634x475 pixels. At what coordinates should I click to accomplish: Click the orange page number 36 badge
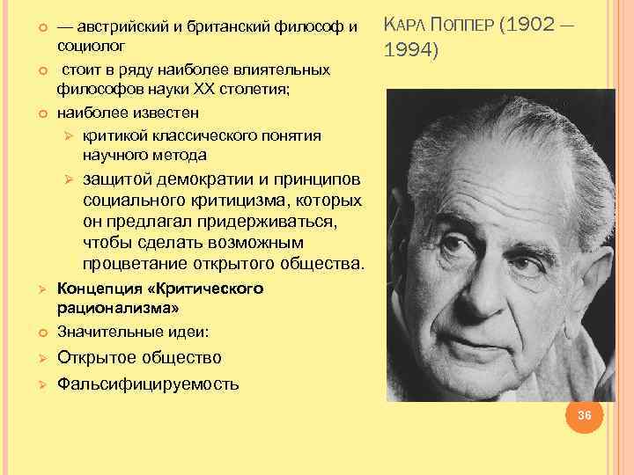click(x=582, y=415)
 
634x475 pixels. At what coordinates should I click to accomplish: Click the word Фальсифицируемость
click(x=147, y=384)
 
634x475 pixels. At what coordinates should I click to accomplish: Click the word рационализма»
click(x=117, y=308)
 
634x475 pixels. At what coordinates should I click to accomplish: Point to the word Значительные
click(x=105, y=332)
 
